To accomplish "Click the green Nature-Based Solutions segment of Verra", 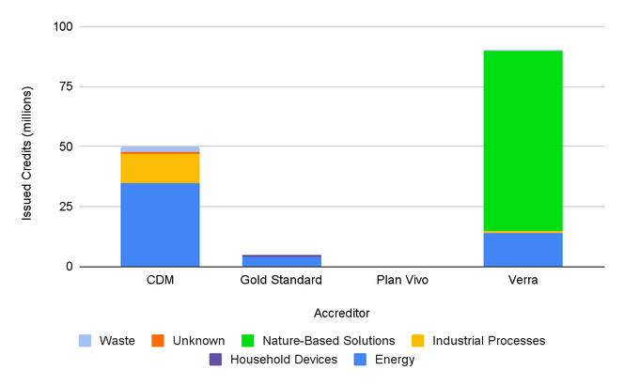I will coord(523,140).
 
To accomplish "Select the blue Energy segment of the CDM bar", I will coord(160,224).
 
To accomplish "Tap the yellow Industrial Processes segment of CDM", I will coord(160,167).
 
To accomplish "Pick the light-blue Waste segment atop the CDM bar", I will coord(160,148).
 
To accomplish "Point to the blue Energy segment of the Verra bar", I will coord(523,249).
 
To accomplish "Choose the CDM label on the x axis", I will coord(160,280).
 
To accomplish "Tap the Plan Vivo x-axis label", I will coord(402,280).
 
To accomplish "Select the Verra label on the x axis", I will coord(523,280).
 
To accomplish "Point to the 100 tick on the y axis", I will coord(63,27).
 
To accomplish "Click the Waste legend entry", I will coord(108,340).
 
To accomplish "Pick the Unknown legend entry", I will coord(189,340).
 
